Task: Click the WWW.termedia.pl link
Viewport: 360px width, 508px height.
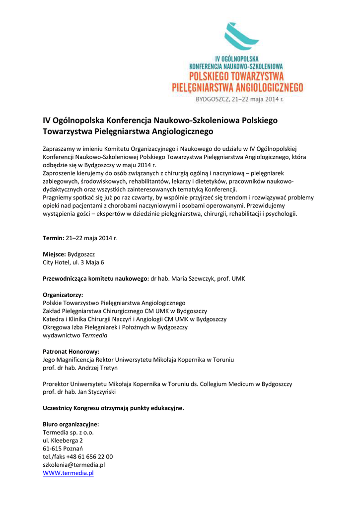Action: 68,473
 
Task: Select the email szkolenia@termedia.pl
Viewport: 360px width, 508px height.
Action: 73,465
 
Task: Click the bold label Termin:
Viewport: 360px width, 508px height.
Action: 54,238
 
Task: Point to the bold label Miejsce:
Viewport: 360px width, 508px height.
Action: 54,254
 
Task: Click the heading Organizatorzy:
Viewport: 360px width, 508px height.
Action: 63,295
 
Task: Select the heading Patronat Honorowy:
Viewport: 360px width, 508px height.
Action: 71,351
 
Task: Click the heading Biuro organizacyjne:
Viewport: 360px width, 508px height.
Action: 71,424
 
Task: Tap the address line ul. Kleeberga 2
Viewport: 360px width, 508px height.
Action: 63,440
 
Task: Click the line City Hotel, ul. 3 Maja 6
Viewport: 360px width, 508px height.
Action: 73,262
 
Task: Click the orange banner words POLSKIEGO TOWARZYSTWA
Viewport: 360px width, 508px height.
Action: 237,76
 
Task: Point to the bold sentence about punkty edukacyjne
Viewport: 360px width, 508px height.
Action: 113,408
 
